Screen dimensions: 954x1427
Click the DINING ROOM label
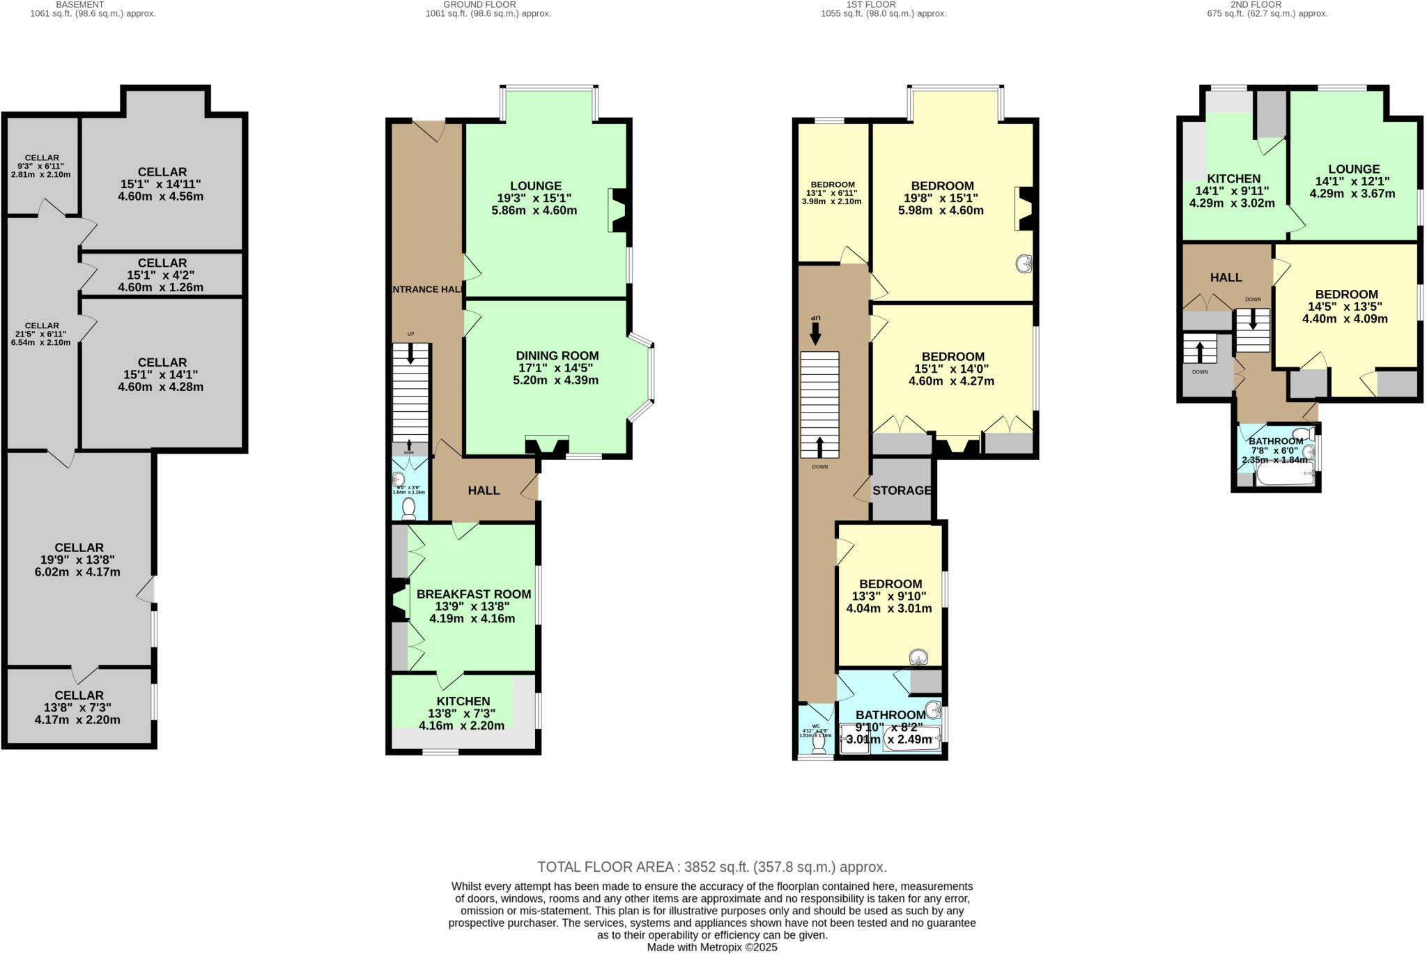(557, 355)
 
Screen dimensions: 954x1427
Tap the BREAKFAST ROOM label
(474, 594)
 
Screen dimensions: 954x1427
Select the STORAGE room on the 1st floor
(902, 490)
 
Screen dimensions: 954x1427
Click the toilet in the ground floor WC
(409, 507)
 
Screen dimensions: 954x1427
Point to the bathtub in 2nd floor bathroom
(1284, 476)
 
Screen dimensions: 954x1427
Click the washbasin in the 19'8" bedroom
(1024, 264)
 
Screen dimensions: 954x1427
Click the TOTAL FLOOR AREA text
(711, 867)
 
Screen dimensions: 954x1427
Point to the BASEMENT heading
(80, 4)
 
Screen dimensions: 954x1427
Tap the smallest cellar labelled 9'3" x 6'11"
(41, 166)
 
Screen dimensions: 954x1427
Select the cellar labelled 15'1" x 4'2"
(162, 275)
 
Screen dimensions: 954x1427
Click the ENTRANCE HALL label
(426, 289)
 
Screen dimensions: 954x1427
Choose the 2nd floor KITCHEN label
(1233, 178)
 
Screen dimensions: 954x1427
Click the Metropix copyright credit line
(711, 947)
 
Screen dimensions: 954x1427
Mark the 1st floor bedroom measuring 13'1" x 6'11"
(833, 192)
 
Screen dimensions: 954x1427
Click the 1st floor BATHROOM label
(890, 714)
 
